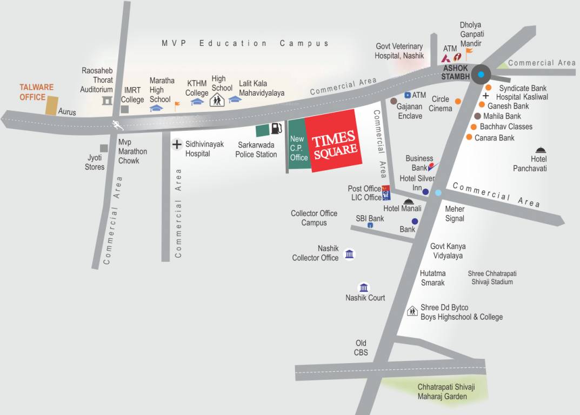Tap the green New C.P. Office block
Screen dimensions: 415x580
[x=298, y=146]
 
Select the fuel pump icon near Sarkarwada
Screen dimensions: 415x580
[x=276, y=129]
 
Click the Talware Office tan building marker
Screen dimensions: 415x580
[x=51, y=105]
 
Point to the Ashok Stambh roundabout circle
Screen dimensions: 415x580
[x=480, y=74]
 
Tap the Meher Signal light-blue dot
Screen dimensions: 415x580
[x=438, y=192]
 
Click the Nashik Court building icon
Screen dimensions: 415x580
[x=364, y=287]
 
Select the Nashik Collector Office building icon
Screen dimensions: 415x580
[x=349, y=254]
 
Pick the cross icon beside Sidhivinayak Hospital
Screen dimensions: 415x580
[x=176, y=144]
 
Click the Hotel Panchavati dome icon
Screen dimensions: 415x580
[x=540, y=150]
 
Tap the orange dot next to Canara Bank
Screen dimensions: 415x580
[x=469, y=138]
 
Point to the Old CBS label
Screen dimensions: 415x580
[x=361, y=347]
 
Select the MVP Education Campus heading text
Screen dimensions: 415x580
[x=245, y=43]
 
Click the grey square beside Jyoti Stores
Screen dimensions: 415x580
[x=104, y=148]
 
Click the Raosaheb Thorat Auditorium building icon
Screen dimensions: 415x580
[x=107, y=101]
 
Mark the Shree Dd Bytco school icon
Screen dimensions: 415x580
[x=412, y=311]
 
